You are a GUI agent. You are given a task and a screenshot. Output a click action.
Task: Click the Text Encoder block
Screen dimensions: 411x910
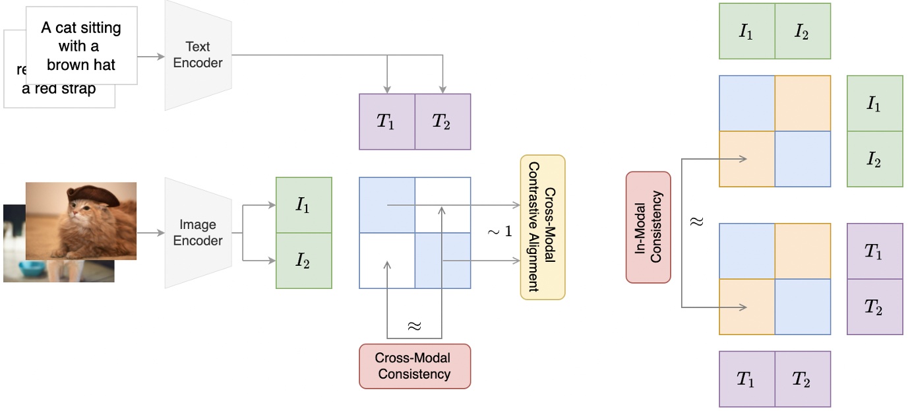(x=198, y=55)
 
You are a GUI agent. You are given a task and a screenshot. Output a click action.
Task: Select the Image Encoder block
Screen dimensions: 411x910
(x=198, y=233)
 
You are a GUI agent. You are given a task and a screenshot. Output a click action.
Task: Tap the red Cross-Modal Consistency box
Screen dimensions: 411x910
(x=414, y=366)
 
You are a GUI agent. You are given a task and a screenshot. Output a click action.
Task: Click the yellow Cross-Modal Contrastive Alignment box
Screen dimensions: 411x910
(x=543, y=228)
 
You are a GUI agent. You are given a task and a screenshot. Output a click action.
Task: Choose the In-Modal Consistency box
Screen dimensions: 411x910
(x=648, y=228)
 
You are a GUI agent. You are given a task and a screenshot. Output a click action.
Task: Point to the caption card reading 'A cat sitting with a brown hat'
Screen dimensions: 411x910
(x=81, y=46)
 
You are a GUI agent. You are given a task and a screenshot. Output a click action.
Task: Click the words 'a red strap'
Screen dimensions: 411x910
(x=59, y=89)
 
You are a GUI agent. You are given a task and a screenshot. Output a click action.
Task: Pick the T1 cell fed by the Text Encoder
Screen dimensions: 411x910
(x=386, y=121)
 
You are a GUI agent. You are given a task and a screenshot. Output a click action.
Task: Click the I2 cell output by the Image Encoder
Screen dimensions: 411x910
(x=303, y=261)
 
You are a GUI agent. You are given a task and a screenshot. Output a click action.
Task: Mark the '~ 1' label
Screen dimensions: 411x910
(x=499, y=232)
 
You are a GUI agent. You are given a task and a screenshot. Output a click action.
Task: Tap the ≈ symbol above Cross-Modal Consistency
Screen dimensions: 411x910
(x=414, y=326)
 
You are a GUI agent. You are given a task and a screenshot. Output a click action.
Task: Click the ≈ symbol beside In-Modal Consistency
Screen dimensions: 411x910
(x=697, y=222)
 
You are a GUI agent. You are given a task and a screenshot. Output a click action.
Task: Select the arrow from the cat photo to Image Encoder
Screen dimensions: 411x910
(x=151, y=233)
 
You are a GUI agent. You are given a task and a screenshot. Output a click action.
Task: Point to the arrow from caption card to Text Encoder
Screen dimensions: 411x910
(x=152, y=56)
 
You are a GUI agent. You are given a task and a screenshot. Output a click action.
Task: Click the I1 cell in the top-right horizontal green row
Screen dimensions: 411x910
(x=746, y=32)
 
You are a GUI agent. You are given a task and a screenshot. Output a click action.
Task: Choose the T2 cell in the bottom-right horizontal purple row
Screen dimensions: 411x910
(x=802, y=379)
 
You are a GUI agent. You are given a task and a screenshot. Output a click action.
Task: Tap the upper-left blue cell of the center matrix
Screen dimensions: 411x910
(x=387, y=205)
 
